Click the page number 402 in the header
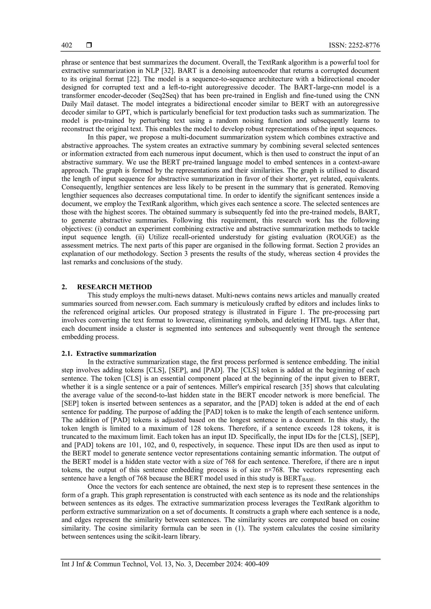[67, 45]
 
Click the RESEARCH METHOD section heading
[114, 287]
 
